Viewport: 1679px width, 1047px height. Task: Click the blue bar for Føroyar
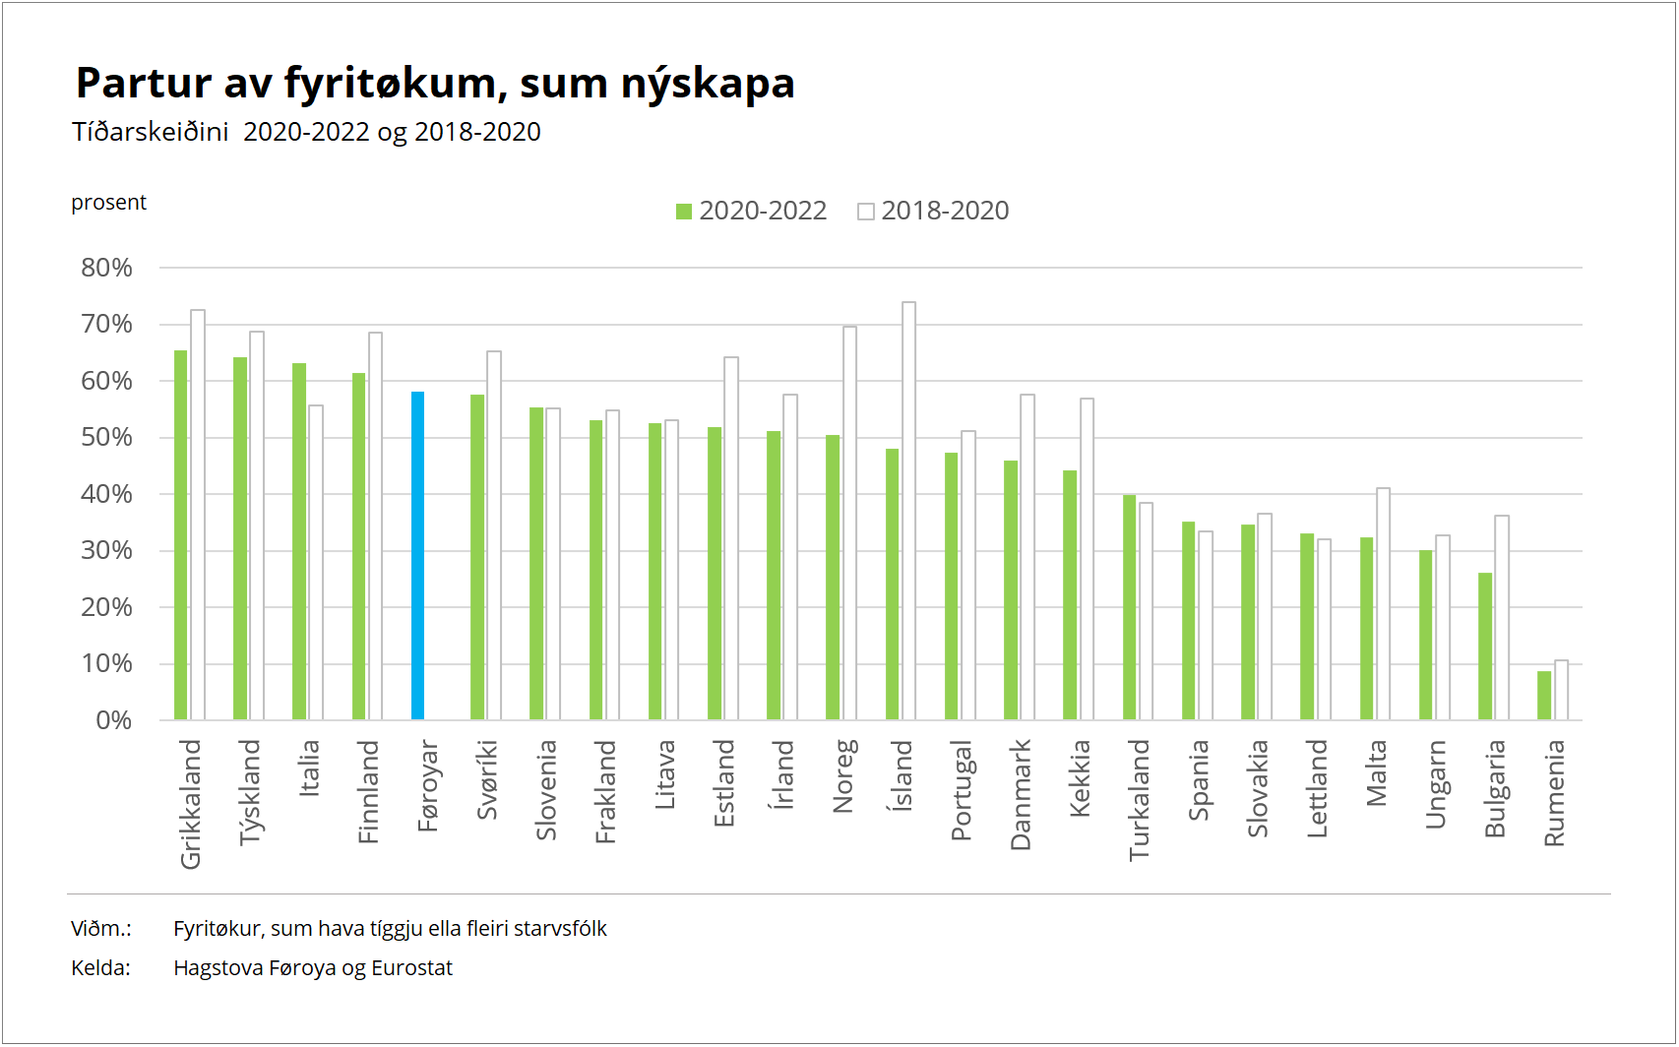[417, 556]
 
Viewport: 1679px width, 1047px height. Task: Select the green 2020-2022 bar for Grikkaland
[181, 535]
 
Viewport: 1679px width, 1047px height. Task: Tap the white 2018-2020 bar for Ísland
[909, 511]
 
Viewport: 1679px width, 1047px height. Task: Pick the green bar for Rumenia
[1544, 696]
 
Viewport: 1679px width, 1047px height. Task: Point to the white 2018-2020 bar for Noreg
[850, 523]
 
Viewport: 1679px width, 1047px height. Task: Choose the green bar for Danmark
[1011, 590]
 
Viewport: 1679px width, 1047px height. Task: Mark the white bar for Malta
[1384, 604]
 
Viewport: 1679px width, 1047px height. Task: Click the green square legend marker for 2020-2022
[685, 212]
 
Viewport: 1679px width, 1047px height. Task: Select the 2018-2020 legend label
[945, 211]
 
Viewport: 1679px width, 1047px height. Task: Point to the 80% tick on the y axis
[106, 268]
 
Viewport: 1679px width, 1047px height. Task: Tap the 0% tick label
[113, 720]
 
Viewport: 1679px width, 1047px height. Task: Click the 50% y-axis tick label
[106, 437]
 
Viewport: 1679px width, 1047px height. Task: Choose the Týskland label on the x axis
[250, 792]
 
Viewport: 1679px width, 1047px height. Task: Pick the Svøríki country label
[487, 780]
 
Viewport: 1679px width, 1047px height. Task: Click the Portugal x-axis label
[962, 790]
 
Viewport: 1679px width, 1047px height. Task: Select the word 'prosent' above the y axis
[108, 203]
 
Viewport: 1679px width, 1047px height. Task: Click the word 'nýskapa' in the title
[708, 84]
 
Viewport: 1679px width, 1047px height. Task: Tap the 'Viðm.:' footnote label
[101, 929]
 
